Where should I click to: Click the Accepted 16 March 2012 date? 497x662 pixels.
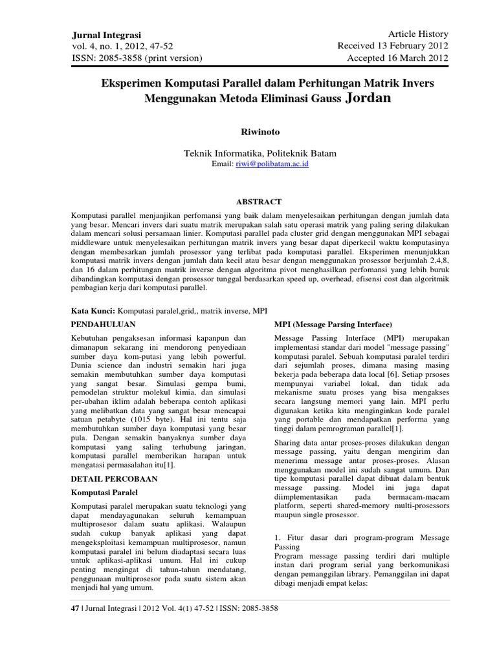pyautogui.click(x=398, y=58)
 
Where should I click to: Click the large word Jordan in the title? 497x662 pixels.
pyautogui.click(x=370, y=98)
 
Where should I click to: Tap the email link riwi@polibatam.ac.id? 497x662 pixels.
pyautogui.click(x=282, y=165)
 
